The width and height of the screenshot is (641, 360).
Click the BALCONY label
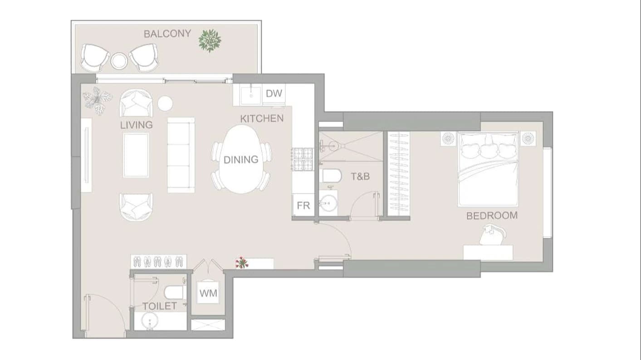pyautogui.click(x=167, y=34)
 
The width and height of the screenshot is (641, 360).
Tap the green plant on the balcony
pyautogui.click(x=210, y=41)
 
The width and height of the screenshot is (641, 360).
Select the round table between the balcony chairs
pyautogui.click(x=119, y=61)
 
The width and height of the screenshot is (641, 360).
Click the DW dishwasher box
pyautogui.click(x=274, y=93)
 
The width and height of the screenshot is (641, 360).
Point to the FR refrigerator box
pyautogui.click(x=303, y=205)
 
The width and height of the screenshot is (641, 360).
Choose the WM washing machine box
pyautogui.click(x=208, y=293)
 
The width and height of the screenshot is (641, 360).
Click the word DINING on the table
pyautogui.click(x=241, y=160)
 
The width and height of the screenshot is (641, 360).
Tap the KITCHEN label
pyautogui.click(x=262, y=118)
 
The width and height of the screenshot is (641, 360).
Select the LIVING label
pyautogui.click(x=137, y=125)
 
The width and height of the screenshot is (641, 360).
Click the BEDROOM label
pyautogui.click(x=492, y=215)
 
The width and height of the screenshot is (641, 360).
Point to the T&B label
pyautogui.click(x=360, y=176)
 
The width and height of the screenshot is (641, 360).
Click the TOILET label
pyautogui.click(x=160, y=306)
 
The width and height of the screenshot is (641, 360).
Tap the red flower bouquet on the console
pyautogui.click(x=242, y=263)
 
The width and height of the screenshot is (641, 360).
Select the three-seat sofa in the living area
pyautogui.click(x=181, y=155)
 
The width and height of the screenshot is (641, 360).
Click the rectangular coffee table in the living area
pyautogui.click(x=136, y=155)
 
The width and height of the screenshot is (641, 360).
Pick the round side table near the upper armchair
pyautogui.click(x=165, y=103)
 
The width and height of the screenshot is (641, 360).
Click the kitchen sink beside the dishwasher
pyautogui.click(x=251, y=95)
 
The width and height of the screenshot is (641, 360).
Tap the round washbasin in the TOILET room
pyautogui.click(x=150, y=321)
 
